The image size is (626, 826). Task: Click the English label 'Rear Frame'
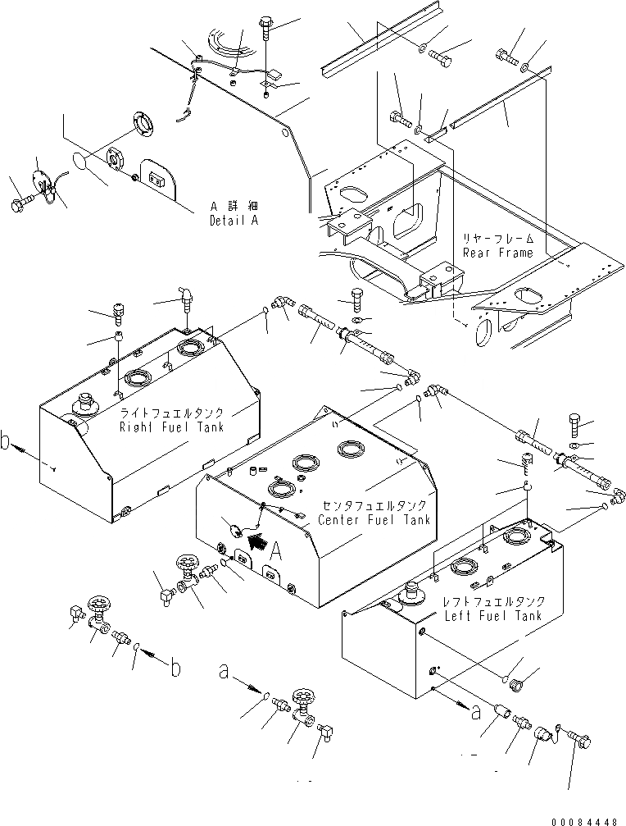point(497,253)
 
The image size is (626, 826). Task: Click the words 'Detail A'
point(233,220)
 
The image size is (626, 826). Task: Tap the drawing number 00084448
point(588,818)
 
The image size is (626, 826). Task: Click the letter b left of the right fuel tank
point(7,445)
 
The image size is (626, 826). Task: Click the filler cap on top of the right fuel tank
point(84,404)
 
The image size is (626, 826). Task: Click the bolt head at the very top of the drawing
point(269,25)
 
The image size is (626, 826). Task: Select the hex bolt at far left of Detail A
point(19,200)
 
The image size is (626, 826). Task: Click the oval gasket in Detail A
point(79,162)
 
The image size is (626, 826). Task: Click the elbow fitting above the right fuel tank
point(185,296)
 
